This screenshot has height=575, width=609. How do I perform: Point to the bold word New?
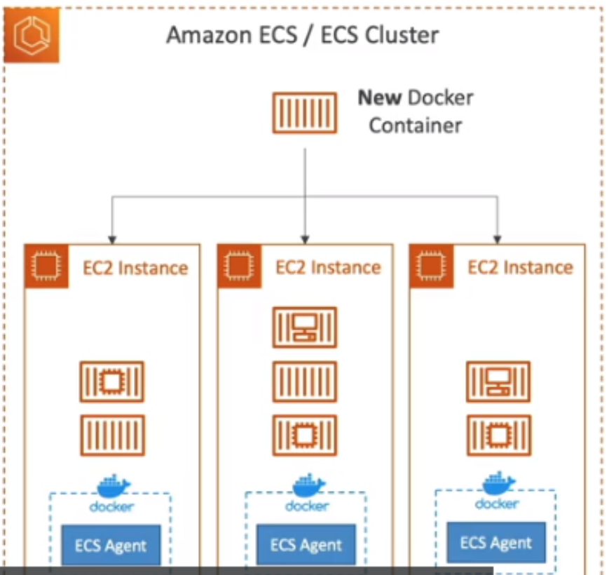pos(378,97)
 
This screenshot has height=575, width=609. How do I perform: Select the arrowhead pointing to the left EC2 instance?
pos(111,236)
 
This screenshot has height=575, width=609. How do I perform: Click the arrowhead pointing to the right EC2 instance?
pos(497,236)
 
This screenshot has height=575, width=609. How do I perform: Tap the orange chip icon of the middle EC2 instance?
pos(239,266)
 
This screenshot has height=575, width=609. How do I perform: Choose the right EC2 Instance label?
pos(520,267)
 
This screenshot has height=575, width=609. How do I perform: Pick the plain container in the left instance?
pos(112,435)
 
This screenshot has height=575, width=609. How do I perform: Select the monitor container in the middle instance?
pos(305,327)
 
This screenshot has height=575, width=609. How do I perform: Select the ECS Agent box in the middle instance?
pos(306,546)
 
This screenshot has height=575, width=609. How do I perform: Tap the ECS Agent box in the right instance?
pos(496,543)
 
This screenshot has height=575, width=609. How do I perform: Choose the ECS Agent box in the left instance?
pos(111,546)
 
